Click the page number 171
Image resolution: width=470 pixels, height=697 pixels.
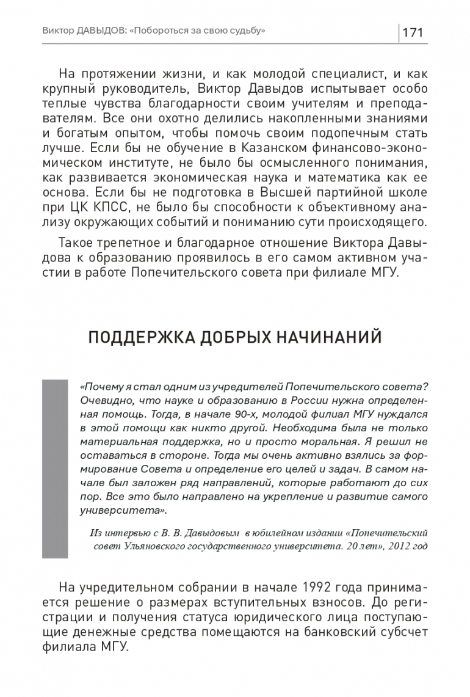413,32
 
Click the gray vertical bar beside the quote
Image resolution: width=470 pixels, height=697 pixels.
54,468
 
